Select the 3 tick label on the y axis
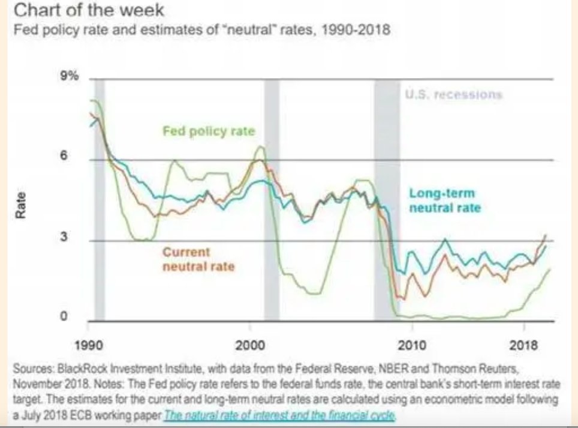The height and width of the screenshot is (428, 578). coord(77,237)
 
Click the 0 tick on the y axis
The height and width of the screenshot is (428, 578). coord(77,318)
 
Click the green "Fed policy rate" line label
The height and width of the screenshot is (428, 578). coord(209,131)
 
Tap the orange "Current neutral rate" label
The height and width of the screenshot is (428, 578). coord(198,259)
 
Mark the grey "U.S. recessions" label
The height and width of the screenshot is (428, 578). coord(453,95)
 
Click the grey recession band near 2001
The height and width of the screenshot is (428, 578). coord(271,198)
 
